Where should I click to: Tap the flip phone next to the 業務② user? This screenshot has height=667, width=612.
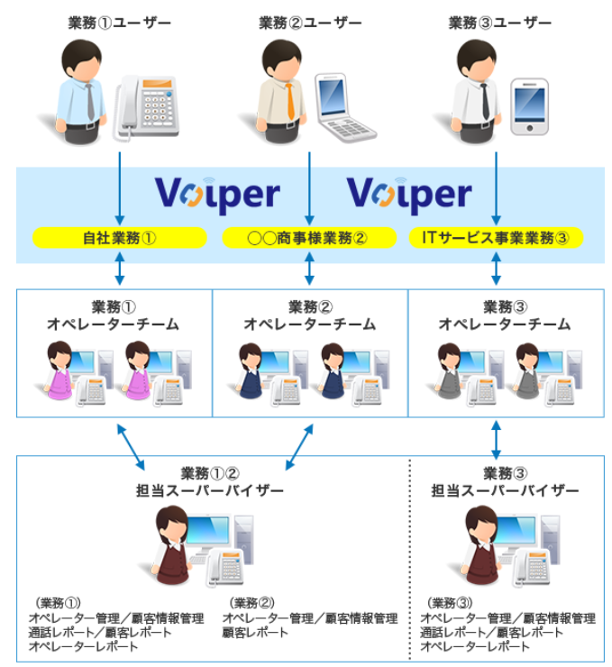[343, 107]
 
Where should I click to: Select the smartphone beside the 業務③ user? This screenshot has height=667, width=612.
[529, 106]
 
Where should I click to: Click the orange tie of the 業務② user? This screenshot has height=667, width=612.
[290, 101]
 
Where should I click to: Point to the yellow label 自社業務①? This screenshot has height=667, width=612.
[120, 237]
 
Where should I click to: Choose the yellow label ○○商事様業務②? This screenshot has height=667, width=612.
[309, 237]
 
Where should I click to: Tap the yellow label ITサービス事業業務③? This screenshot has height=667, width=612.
[496, 237]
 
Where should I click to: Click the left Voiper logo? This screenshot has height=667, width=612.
[217, 195]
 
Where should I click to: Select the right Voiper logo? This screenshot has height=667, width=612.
[409, 195]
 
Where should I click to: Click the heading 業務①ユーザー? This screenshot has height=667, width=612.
[120, 23]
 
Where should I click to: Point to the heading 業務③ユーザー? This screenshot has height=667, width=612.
[499, 23]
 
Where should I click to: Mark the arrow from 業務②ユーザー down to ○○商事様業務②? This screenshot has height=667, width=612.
[309, 188]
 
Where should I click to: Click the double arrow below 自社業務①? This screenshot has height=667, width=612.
[120, 269]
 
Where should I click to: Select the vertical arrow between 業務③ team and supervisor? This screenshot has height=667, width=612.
[496, 440]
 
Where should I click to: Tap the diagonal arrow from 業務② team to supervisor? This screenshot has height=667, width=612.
[299, 447]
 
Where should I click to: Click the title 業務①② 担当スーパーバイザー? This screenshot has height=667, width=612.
[210, 482]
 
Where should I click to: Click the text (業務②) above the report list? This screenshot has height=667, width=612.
[251, 603]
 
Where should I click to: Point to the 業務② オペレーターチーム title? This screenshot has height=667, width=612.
[310, 315]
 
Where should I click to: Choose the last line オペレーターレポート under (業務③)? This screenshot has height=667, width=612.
[475, 646]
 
